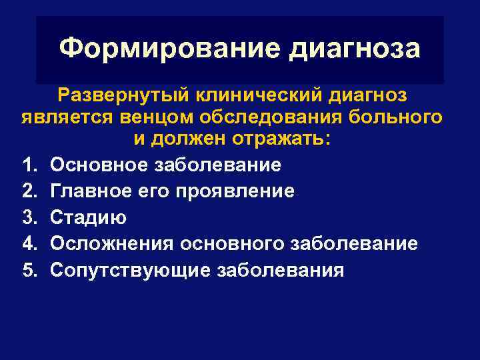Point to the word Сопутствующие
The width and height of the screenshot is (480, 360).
tap(130, 271)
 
